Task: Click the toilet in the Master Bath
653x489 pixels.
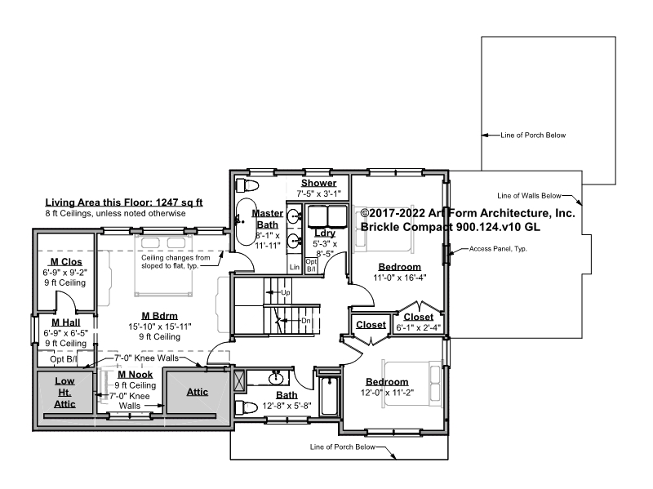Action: [x=247, y=185]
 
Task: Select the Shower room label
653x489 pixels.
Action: [x=318, y=183]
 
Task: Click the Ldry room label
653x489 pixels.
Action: [x=325, y=233]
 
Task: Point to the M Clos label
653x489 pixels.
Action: [x=66, y=262]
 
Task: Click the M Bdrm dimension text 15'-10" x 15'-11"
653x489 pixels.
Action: [x=160, y=327]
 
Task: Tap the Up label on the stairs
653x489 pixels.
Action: [x=285, y=292]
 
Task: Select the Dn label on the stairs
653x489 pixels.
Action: [x=306, y=321]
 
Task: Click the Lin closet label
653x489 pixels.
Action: [x=295, y=267]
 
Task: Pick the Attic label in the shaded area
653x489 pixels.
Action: [x=198, y=392]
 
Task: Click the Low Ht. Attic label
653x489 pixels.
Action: [x=65, y=393]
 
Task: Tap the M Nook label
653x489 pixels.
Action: [x=135, y=375]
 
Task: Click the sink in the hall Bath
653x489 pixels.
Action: [x=275, y=379]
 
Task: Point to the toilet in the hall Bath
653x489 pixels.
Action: [x=247, y=407]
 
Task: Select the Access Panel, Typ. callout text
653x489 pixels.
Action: [x=498, y=249]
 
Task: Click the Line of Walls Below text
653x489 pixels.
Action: [x=529, y=196]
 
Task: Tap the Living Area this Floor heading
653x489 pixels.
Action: [x=124, y=202]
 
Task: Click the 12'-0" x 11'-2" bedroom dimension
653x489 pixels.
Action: [x=387, y=393]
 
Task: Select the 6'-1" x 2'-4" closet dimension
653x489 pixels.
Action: [x=418, y=328]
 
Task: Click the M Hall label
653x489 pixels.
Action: [x=66, y=322]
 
